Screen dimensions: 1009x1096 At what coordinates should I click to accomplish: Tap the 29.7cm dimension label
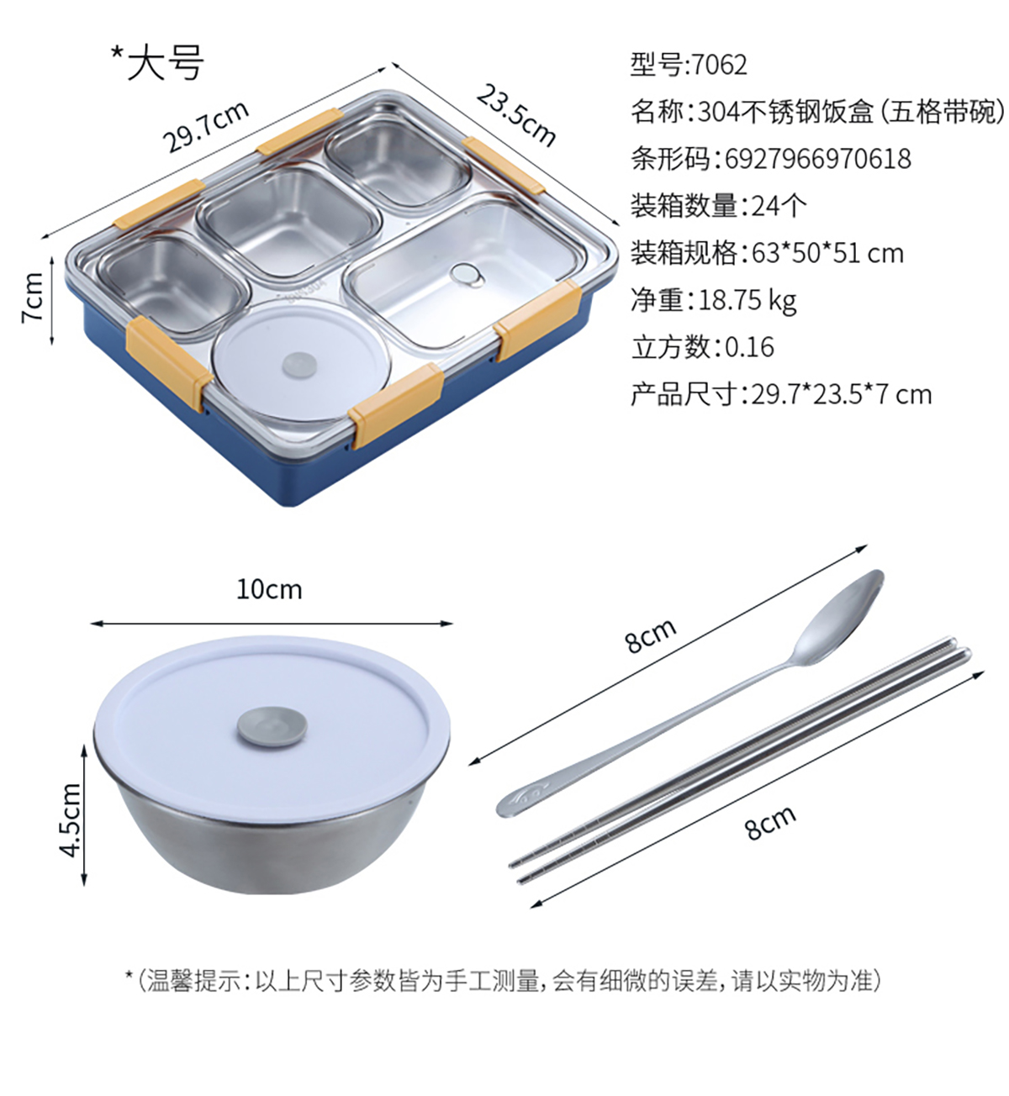(x=205, y=127)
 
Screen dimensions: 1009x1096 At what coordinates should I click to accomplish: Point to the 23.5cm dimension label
(x=516, y=115)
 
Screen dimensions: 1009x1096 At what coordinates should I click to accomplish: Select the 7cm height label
(x=32, y=298)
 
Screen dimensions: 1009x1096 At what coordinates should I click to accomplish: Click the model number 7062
(x=719, y=65)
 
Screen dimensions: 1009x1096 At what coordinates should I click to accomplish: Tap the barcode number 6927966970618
(x=818, y=159)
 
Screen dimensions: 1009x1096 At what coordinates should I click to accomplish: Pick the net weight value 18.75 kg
(x=748, y=301)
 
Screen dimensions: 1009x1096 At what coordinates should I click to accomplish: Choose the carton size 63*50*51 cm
(x=828, y=254)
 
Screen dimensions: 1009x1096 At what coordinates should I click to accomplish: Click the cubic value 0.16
(x=749, y=347)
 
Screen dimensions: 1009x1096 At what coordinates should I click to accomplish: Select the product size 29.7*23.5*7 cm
(x=842, y=394)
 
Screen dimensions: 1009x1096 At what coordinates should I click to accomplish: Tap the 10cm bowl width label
(x=269, y=589)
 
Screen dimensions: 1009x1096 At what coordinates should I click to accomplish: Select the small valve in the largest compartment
(x=468, y=275)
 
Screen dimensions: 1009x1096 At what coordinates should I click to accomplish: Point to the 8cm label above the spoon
(x=651, y=635)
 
